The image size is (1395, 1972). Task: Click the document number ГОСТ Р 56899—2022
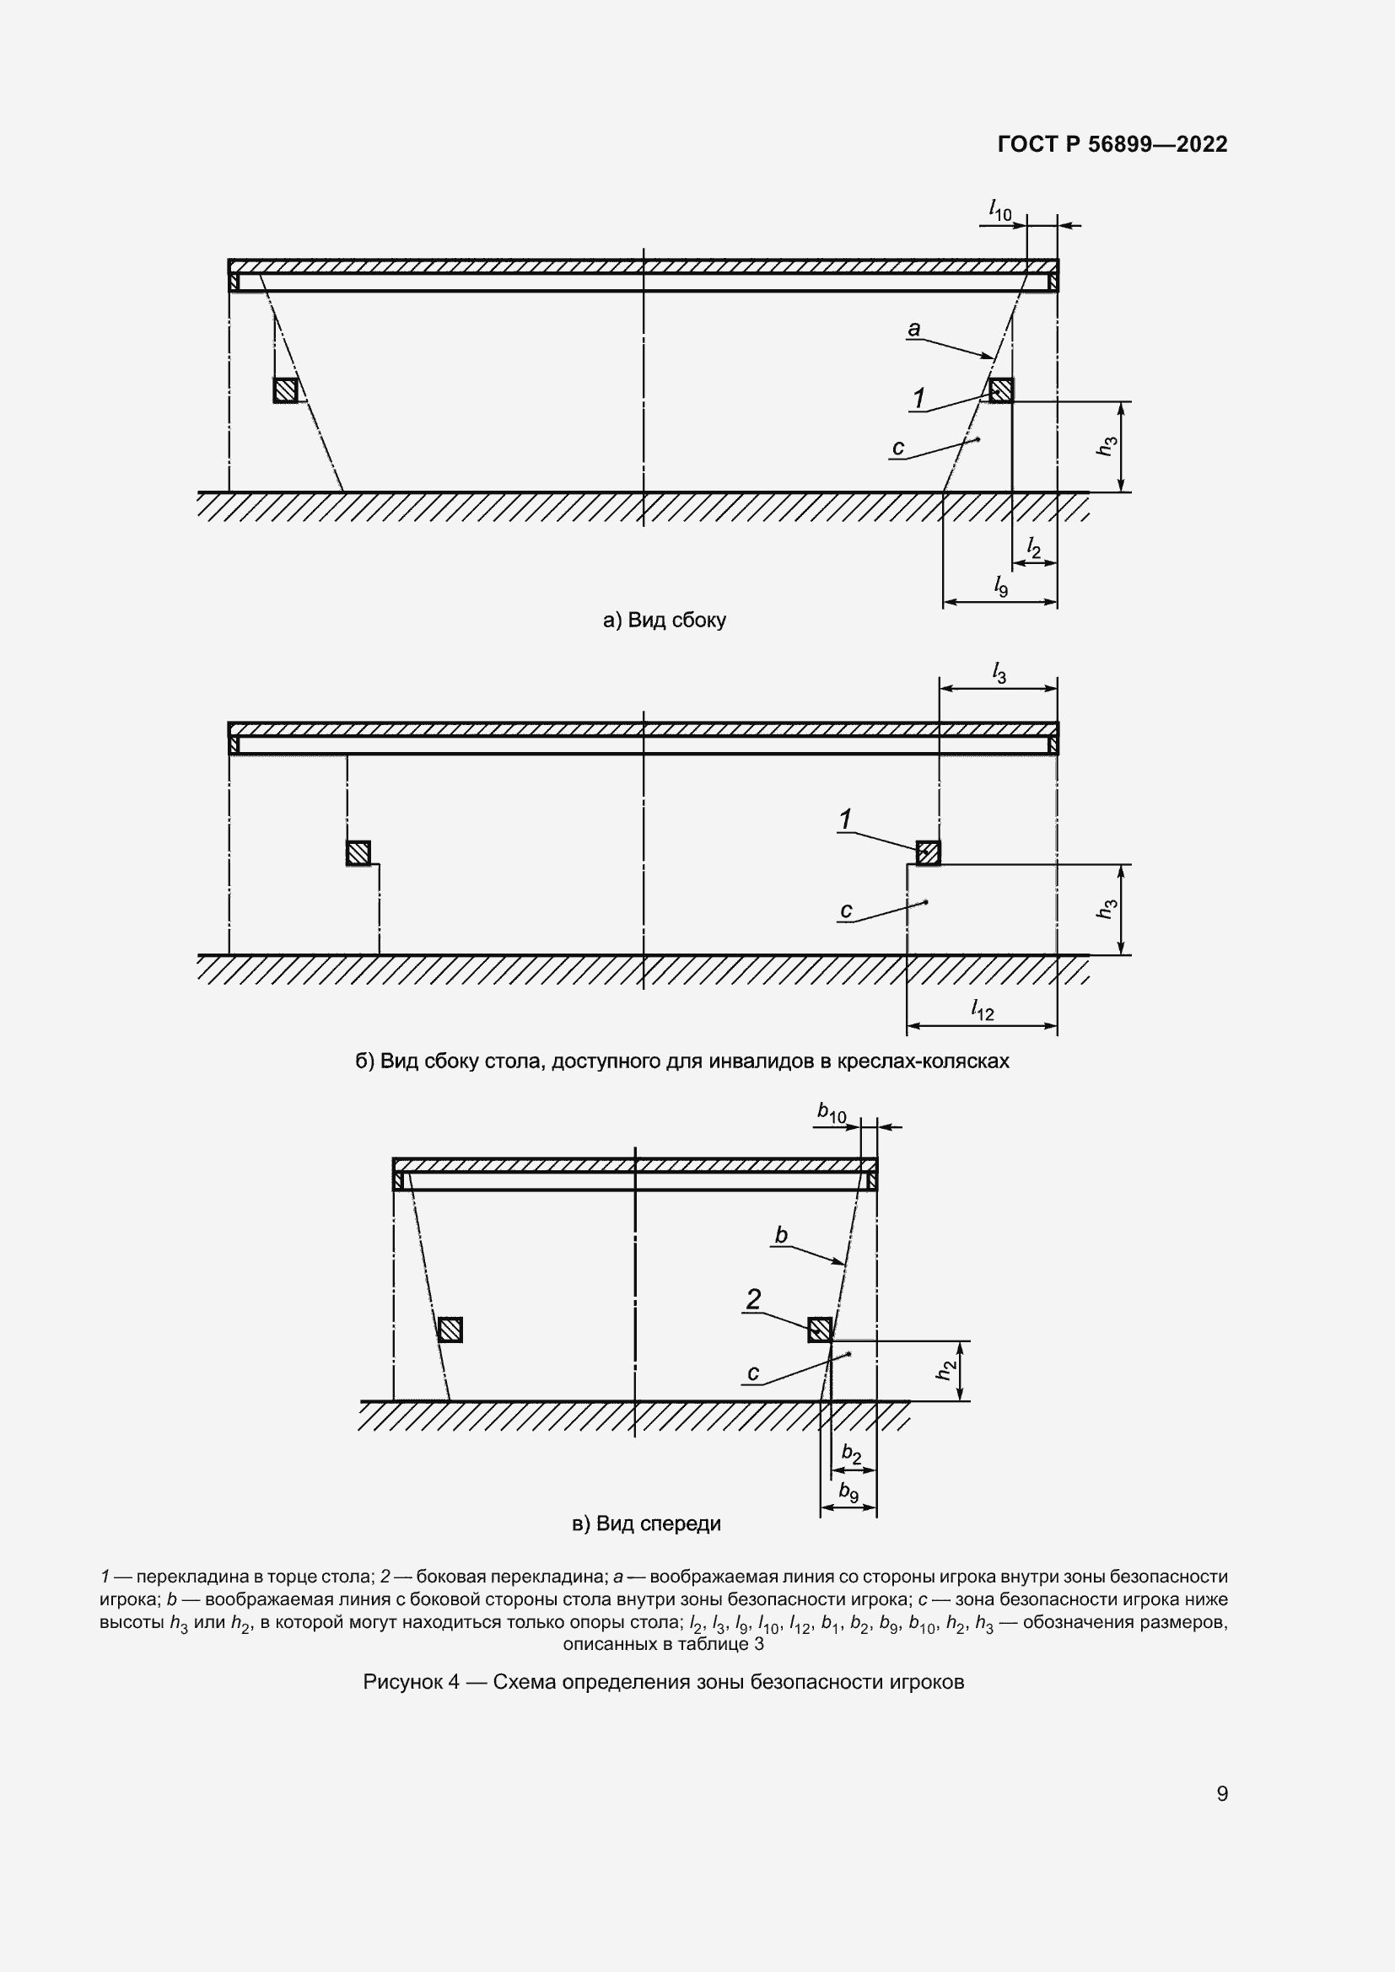coord(1112,144)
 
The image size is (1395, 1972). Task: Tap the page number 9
coord(1222,1794)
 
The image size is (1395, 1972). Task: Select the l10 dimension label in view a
coord(1000,210)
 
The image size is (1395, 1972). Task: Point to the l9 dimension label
coord(1001,587)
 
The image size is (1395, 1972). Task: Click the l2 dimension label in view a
coord(1034,547)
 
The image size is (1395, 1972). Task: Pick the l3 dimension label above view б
coord(999,674)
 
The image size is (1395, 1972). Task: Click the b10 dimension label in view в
coord(832,1114)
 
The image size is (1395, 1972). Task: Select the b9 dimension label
coord(848,1492)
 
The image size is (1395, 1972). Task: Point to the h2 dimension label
coord(945,1372)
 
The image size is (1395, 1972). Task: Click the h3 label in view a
coord(1108,446)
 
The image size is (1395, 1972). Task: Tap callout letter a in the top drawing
coord(914,328)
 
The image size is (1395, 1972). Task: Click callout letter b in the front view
coord(781,1235)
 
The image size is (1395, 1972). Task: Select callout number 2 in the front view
coord(753,1299)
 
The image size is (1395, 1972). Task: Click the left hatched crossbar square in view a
coord(285,391)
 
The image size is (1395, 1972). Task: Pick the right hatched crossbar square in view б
coord(928,853)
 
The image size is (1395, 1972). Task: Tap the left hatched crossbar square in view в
coord(450,1330)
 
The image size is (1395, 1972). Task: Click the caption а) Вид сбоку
coord(665,621)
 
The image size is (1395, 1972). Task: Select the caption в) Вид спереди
coord(646,1523)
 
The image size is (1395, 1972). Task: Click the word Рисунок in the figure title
coord(401,1682)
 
